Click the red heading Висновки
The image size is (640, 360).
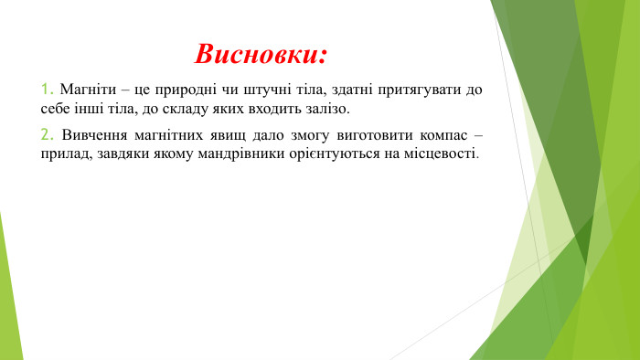click(261, 53)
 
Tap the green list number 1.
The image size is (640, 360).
click(47, 90)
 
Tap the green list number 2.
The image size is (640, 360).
click(47, 135)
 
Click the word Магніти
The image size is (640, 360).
click(85, 90)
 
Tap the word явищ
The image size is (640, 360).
click(240, 135)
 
